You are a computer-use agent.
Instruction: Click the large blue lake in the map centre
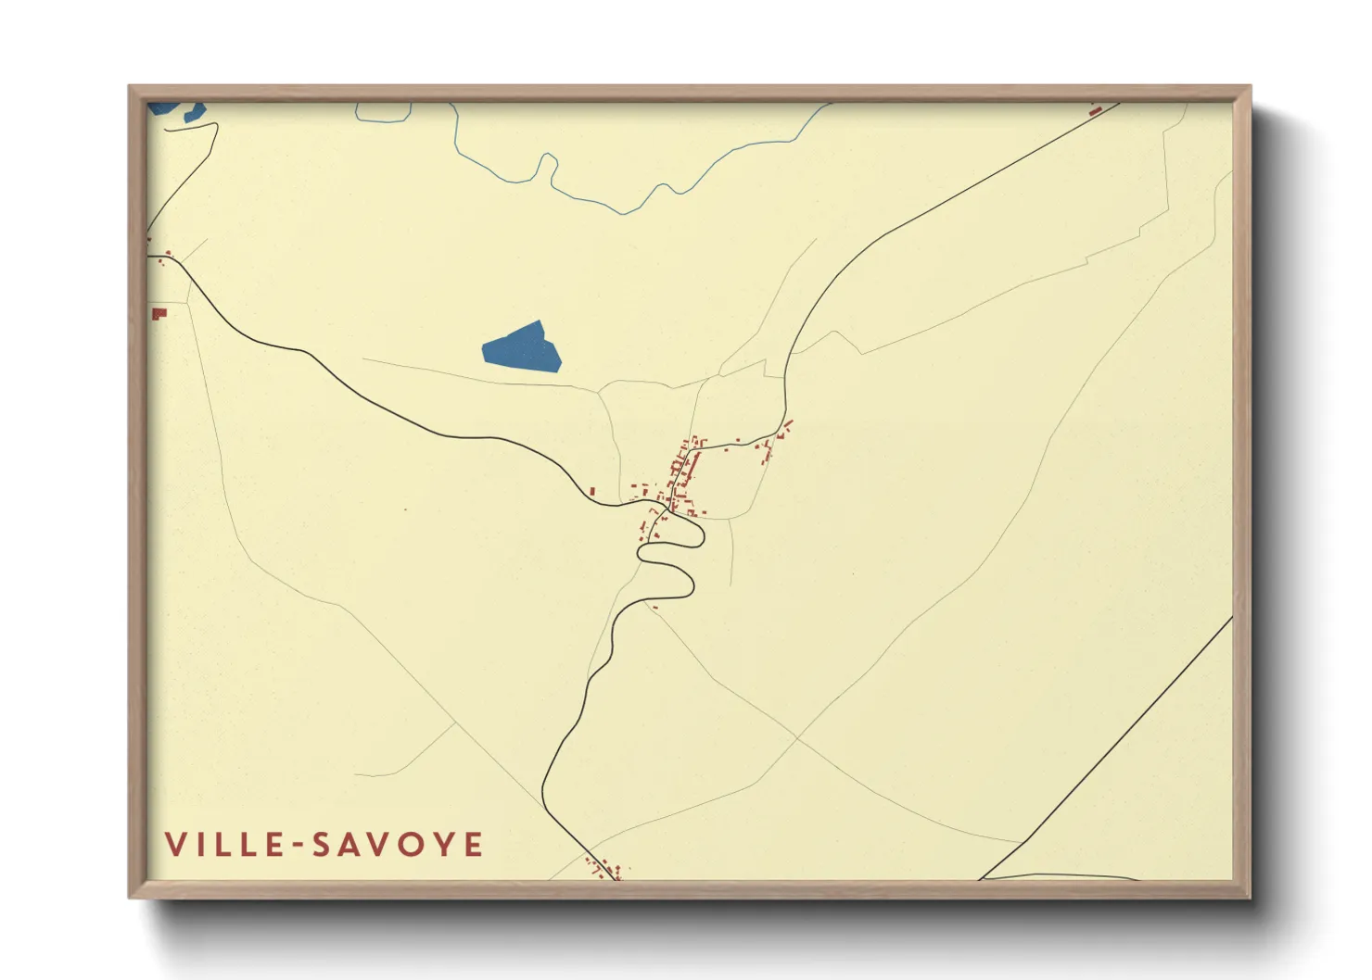point(523,347)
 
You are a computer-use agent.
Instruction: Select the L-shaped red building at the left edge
point(159,313)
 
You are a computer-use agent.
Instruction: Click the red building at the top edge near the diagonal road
point(1095,110)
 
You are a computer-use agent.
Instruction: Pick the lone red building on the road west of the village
point(593,490)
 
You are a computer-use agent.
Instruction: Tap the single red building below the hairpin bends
point(654,607)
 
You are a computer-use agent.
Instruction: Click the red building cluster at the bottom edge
point(603,869)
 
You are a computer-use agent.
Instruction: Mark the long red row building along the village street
point(690,469)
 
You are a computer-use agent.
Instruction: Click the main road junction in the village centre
point(667,509)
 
